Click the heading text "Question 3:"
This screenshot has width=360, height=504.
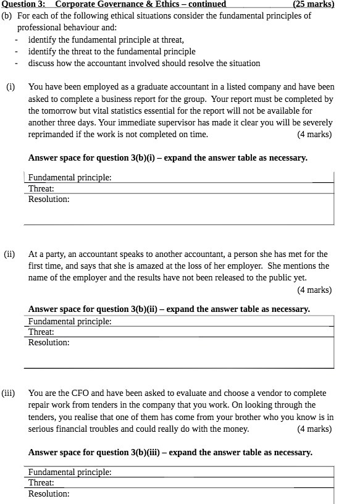[x=22, y=4]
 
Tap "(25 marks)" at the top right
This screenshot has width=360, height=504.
[x=313, y=4]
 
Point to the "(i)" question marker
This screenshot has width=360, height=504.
[x=10, y=87]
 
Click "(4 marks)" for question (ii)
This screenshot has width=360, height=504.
[x=314, y=289]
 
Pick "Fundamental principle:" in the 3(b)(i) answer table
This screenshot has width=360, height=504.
[x=70, y=177]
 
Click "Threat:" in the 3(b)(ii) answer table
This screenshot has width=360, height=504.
[x=41, y=332]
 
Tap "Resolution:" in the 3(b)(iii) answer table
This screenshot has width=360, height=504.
[x=49, y=493]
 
